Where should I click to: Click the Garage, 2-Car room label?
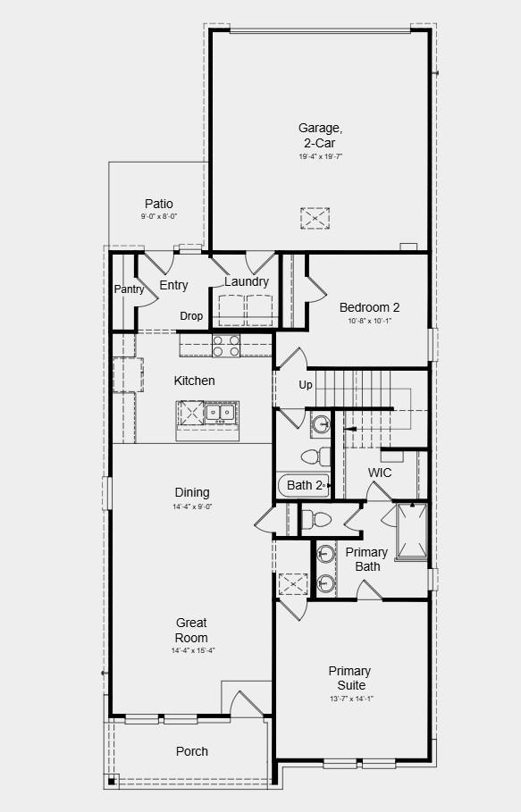coord(320,135)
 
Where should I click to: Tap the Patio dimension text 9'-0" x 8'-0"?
coord(159,217)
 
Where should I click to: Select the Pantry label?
coord(129,289)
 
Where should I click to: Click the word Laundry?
coord(247,282)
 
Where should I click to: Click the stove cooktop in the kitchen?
coord(226,344)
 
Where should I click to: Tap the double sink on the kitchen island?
coord(220,413)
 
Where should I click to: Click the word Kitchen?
coord(194,381)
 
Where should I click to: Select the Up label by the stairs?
coord(306,385)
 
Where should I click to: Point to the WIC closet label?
coord(380,473)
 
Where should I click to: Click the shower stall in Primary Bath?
coord(411,532)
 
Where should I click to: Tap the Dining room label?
coord(192,492)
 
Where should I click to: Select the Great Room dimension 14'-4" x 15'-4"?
coord(192,651)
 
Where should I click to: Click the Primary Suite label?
coord(349,678)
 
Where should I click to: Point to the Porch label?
coord(191,751)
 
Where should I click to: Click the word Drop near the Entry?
coord(191,316)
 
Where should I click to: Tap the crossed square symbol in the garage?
coord(315,218)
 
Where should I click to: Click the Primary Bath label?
coord(367,559)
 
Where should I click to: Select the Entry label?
coord(173,286)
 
